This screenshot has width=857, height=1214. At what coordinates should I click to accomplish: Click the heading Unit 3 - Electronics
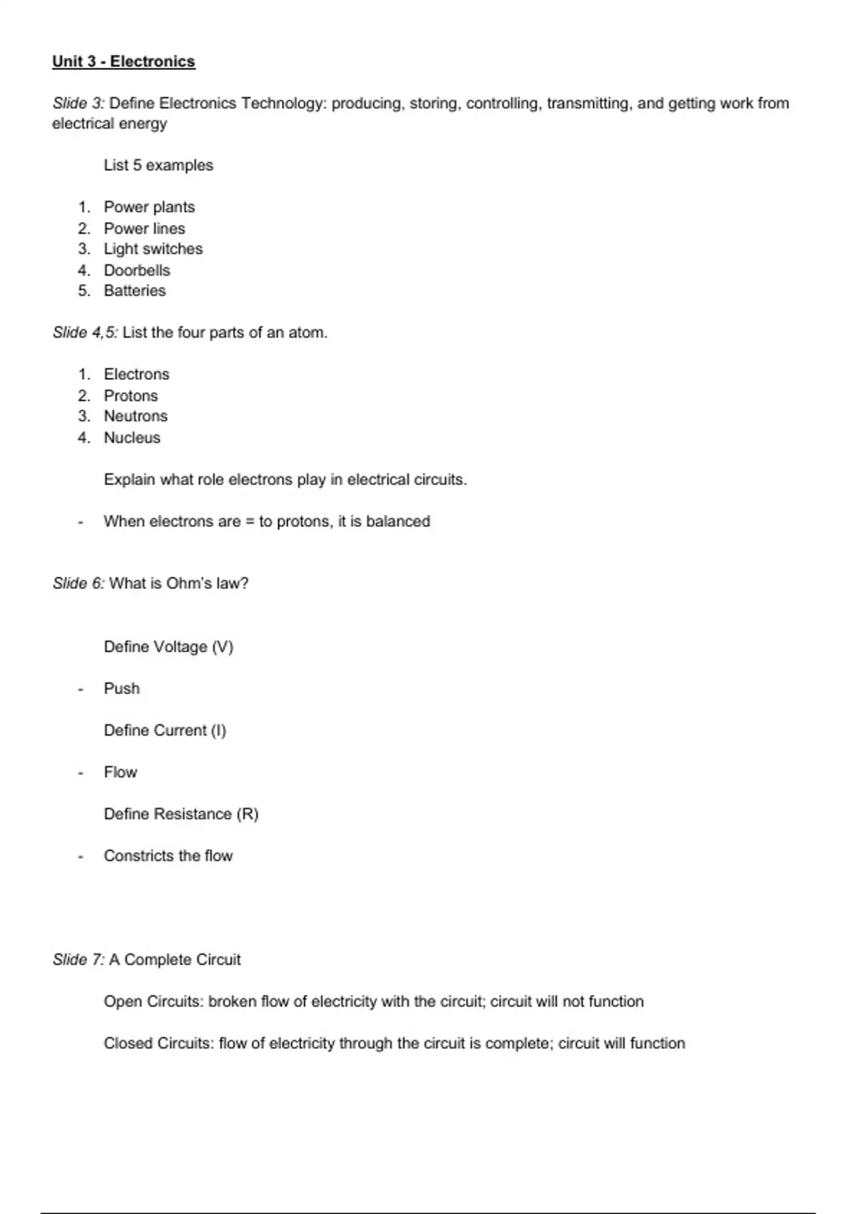point(124,61)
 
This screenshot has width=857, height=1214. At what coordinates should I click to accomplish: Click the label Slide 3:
point(78,103)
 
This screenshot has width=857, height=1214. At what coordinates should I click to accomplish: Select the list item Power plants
point(149,207)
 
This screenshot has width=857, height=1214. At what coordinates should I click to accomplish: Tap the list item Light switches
point(153,249)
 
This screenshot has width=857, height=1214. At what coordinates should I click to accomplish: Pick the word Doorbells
point(137,270)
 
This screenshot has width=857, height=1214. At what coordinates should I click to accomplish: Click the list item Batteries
point(134,291)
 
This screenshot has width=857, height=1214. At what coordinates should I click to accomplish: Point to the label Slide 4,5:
point(85,333)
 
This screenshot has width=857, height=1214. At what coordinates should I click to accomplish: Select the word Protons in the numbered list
point(131,396)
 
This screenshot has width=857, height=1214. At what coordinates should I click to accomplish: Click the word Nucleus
point(132,438)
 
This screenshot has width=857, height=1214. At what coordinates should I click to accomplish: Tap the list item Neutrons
point(136,416)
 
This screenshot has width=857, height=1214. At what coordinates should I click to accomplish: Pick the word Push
point(121,688)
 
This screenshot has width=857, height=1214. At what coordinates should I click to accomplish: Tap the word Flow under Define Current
point(120,772)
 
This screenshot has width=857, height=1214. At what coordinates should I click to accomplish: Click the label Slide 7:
point(78,960)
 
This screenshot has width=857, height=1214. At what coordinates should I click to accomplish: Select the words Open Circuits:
point(154,1001)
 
